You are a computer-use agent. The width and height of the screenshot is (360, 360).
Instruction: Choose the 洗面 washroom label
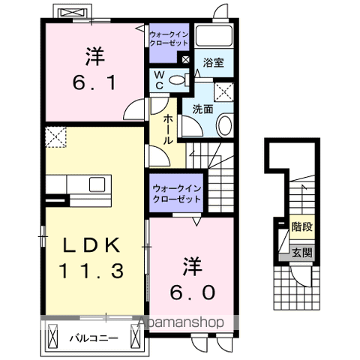(x=202, y=109)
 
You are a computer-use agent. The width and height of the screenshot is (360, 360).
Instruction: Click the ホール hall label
(x=166, y=129)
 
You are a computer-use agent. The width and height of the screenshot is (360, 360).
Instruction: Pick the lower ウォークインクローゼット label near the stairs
(x=176, y=193)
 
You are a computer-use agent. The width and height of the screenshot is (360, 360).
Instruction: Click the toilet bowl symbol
(x=176, y=80)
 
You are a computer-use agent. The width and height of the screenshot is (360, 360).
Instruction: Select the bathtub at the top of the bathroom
(x=214, y=37)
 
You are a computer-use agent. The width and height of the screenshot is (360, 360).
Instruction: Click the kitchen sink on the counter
(x=98, y=184)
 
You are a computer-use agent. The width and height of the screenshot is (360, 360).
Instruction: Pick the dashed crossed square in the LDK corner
(x=55, y=138)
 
